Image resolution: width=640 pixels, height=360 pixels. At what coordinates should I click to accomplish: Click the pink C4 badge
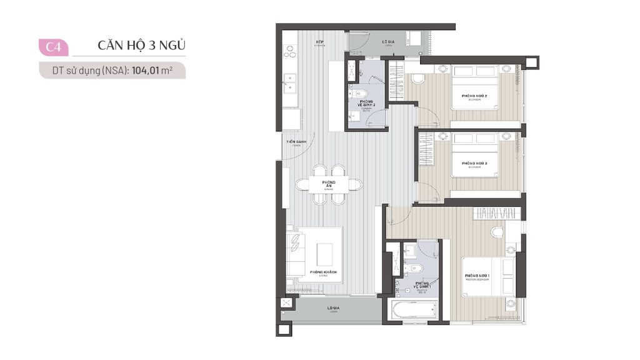[x=53, y=47]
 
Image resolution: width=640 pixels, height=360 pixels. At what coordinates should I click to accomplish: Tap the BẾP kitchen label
[x=319, y=43]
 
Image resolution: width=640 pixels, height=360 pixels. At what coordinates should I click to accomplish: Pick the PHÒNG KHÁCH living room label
[x=323, y=273]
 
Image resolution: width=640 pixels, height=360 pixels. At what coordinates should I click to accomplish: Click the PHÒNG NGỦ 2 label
[x=474, y=97]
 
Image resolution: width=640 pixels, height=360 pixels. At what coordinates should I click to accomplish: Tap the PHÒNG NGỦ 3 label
[x=474, y=164]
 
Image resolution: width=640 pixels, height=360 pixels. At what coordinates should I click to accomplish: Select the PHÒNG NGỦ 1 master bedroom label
[x=477, y=276]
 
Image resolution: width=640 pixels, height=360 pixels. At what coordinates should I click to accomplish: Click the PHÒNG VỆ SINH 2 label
[x=366, y=104]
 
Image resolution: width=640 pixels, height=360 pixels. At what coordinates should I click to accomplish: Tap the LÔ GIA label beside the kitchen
[x=387, y=43]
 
